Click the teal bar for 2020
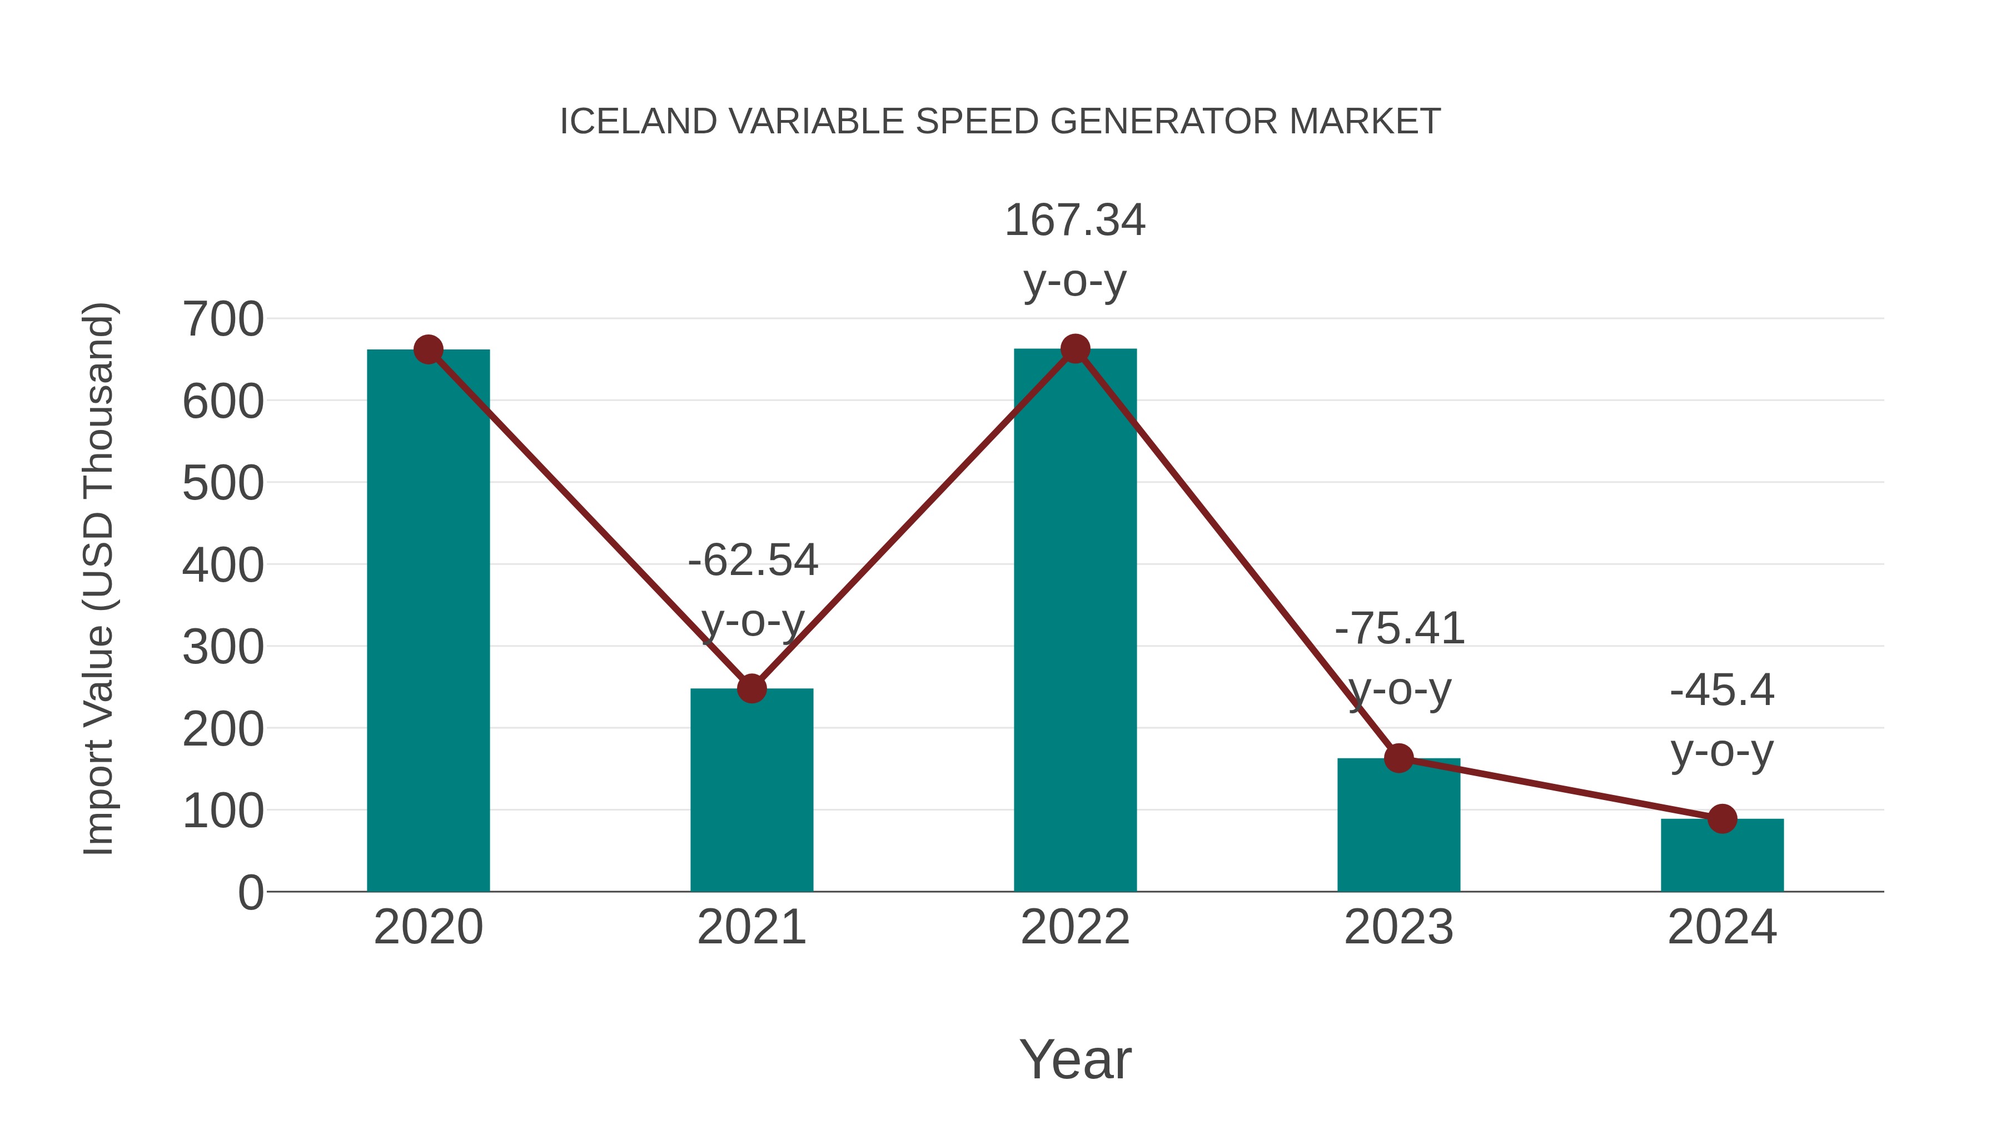tap(428, 621)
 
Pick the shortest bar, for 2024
tap(1722, 856)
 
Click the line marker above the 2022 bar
tap(1075, 349)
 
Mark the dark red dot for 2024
tap(1722, 818)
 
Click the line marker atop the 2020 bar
tap(428, 350)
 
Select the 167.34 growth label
tap(1075, 221)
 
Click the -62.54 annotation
tap(753, 561)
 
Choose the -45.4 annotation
tap(1722, 691)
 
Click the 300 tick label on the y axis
tap(223, 647)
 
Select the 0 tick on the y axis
tap(250, 893)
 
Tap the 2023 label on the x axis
tap(1398, 927)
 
